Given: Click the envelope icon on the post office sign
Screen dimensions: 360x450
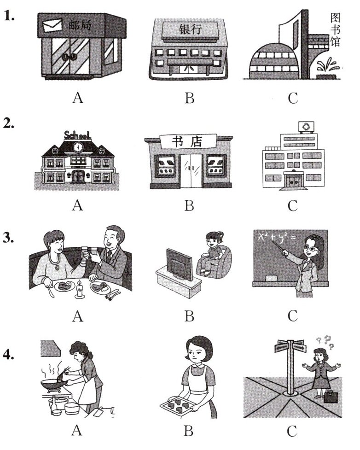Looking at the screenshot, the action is click(x=52, y=25).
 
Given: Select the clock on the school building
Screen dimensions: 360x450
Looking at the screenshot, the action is click(x=78, y=147).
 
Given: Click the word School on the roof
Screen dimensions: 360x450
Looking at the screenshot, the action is click(x=77, y=135).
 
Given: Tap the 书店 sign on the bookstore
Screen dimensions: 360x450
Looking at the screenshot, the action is click(x=188, y=141).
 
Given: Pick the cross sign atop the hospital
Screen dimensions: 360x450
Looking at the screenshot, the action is click(x=306, y=127).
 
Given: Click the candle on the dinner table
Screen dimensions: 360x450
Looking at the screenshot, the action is click(x=80, y=289).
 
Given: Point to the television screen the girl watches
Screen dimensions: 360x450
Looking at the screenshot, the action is click(x=179, y=264).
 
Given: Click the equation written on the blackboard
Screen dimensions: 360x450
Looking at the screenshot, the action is click(x=277, y=238).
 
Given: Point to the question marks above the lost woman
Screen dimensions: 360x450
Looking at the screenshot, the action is click(x=325, y=342).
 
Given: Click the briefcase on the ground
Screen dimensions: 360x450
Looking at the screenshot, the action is click(x=331, y=396).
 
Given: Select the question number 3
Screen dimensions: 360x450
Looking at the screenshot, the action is click(x=9, y=238).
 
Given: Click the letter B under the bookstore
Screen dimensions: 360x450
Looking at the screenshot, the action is click(x=189, y=205).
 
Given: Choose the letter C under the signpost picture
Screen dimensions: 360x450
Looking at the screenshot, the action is click(x=292, y=431).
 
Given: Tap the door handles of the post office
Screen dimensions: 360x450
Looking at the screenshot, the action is click(x=70, y=57).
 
